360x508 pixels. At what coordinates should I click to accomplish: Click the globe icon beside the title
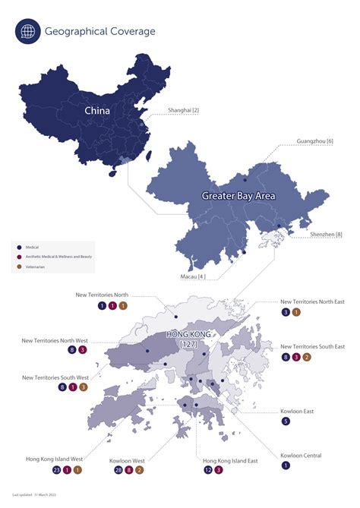click(28, 32)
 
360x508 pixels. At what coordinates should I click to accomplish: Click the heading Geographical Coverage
click(100, 32)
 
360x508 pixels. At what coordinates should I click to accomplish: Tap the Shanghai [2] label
click(182, 111)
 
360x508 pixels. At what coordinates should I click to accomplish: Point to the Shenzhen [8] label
click(326, 235)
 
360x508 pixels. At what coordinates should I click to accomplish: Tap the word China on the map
click(97, 111)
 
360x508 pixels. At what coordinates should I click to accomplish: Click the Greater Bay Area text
click(238, 196)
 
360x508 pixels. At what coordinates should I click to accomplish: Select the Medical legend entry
click(33, 248)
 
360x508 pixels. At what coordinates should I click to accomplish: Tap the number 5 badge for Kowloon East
click(286, 421)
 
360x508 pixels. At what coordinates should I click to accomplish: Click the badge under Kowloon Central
click(286, 465)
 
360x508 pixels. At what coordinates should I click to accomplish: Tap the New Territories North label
click(112, 294)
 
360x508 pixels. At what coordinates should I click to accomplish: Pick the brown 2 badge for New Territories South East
click(307, 357)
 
